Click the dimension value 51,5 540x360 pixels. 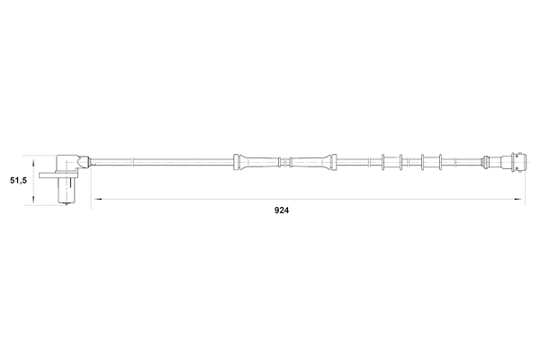pos(18,180)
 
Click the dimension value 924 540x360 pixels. pos(282,210)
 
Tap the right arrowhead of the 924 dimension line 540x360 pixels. pos(518,199)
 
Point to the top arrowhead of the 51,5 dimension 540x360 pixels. pos(33,163)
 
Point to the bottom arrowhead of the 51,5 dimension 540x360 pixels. pos(33,200)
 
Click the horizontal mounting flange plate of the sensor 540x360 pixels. pos(58,175)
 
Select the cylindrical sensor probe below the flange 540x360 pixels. pos(65,191)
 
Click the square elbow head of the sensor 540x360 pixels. pos(67,163)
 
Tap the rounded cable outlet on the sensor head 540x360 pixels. pos(84,162)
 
